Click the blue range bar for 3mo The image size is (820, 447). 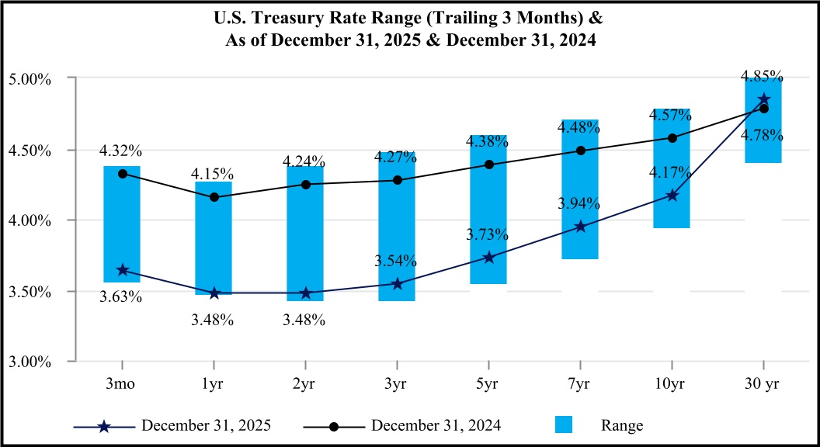[x=122, y=224]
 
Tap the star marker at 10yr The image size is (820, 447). [x=672, y=195]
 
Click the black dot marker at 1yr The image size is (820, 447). [x=214, y=197]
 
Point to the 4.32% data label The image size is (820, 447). [x=120, y=151]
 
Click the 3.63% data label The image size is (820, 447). [x=120, y=296]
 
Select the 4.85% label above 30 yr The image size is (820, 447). [x=762, y=76]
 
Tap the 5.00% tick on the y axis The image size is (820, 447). [x=30, y=79]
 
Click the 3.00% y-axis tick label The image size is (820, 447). [x=30, y=362]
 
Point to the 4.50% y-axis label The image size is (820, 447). [x=30, y=151]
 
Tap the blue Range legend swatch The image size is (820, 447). [x=564, y=425]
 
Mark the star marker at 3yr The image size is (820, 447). [x=397, y=283]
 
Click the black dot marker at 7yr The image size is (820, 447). [x=580, y=151]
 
